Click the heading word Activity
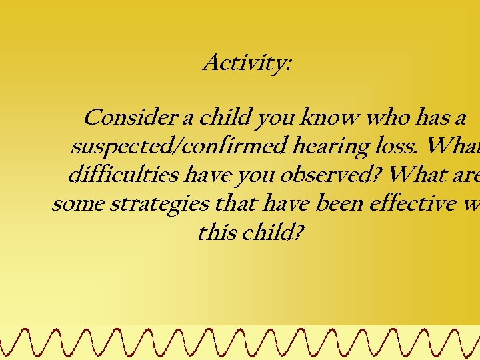[247, 63]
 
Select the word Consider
[128, 118]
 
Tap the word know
[324, 118]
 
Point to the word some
[77, 204]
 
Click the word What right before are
[421, 175]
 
